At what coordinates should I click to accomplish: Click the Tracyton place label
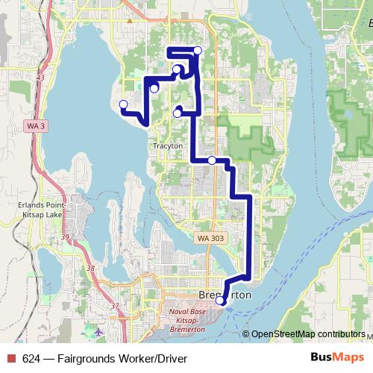[166, 145]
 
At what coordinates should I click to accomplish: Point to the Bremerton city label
[227, 295]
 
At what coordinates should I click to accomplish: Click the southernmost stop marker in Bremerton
[221, 301]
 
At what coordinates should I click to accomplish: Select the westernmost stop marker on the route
[123, 104]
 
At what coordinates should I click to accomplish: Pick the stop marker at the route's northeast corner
[198, 50]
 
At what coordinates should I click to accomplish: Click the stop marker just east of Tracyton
[212, 160]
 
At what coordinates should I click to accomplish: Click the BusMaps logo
[336, 358]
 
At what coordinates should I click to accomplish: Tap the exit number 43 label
[40, 78]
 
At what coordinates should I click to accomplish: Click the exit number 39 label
[66, 237]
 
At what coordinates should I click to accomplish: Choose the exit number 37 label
[114, 306]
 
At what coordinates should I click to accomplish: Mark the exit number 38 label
[90, 268]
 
